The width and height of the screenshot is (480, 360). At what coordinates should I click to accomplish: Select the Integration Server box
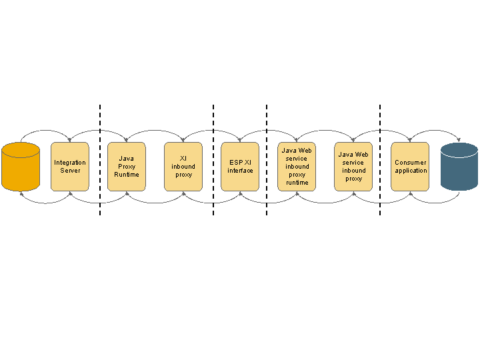coord(70,167)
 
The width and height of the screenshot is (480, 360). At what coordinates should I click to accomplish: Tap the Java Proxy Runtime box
coord(127,167)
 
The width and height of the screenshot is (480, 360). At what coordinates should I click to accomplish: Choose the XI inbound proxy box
coord(183,167)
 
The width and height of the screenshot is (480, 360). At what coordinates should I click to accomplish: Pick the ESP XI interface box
coord(240,167)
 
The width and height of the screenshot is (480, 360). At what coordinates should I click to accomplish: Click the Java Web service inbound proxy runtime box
coord(297,167)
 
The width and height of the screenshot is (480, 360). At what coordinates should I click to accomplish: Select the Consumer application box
coord(410,167)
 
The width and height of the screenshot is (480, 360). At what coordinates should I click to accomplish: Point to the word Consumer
coord(410,163)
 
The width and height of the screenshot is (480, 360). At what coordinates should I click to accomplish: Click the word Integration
coord(70,163)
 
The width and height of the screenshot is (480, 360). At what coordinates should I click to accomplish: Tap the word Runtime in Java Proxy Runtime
coord(127,175)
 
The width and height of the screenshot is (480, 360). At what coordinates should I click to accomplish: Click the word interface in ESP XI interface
coord(240,171)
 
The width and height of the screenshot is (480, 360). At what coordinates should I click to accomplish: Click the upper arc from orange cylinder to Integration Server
coord(45,130)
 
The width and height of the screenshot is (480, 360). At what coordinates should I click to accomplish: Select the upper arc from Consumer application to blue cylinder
coord(435,130)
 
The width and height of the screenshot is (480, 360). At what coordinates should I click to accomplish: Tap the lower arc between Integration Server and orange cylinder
coord(45,203)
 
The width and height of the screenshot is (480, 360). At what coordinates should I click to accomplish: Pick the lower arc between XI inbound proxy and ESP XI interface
coord(212,203)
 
